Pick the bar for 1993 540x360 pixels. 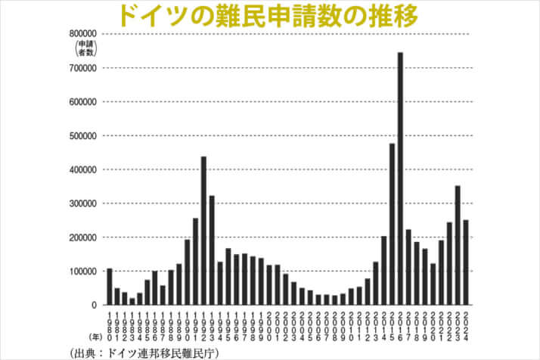213,250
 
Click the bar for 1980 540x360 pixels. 110,287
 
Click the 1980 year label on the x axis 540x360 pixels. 110,326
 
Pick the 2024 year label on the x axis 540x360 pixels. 467,326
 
